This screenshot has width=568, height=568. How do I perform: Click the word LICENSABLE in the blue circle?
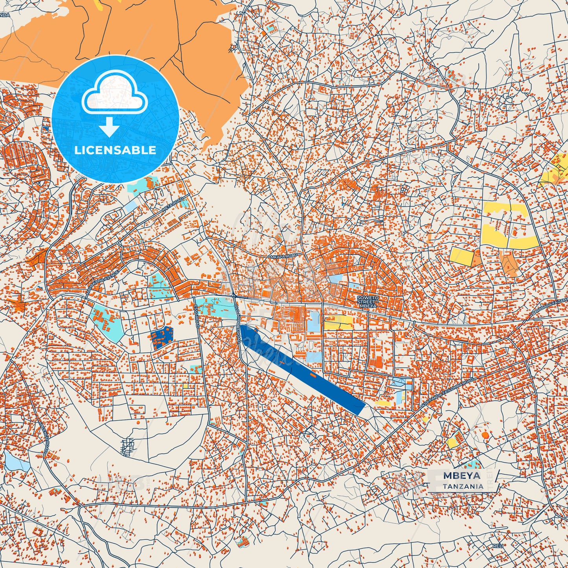pos(116,150)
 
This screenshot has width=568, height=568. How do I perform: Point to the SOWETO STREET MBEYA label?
pos(367,301)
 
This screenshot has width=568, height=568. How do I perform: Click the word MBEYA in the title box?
pos(461,476)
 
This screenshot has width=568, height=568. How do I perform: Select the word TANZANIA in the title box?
pos(463,487)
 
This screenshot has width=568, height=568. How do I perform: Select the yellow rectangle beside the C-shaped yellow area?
pos(462,256)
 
